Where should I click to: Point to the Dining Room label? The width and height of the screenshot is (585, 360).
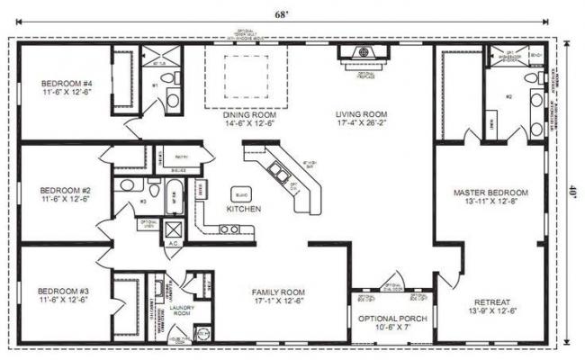[249, 114]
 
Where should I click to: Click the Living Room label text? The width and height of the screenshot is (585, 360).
[361, 114]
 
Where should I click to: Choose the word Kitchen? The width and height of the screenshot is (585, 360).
[243, 208]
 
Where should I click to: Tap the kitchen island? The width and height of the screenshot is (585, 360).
[241, 193]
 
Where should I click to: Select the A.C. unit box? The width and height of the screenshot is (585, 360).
[171, 230]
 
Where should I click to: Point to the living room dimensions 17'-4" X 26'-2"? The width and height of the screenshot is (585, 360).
[361, 123]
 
